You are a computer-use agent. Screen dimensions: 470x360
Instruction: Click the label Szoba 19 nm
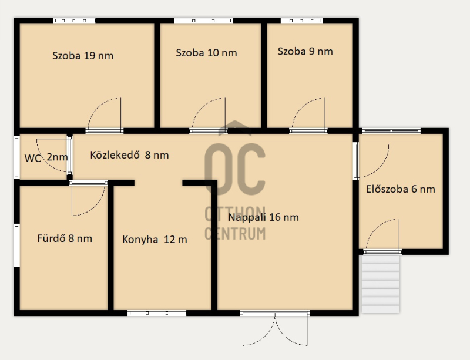pyautogui.click(x=83, y=56)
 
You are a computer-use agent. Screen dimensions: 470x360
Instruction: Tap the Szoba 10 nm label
pyautogui.click(x=206, y=53)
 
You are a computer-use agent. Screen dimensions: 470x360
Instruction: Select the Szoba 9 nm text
pyautogui.click(x=305, y=51)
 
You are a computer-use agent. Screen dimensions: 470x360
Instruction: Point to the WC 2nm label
pyautogui.click(x=46, y=157)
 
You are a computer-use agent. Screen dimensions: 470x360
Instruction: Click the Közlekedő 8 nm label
pyautogui.click(x=129, y=154)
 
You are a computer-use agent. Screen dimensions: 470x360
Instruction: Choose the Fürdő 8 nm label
pyautogui.click(x=65, y=238)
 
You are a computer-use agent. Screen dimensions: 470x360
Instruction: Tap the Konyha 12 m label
pyautogui.click(x=155, y=240)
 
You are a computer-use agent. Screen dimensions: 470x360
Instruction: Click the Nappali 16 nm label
pyautogui.click(x=263, y=217)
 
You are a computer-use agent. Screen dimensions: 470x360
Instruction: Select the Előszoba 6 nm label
pyautogui.click(x=401, y=189)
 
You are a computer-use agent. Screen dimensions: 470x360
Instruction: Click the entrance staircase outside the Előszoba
pyautogui.click(x=381, y=284)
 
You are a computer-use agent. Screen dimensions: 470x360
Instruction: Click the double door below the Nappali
pyautogui.click(x=275, y=329)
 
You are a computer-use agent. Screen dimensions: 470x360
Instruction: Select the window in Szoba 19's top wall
pyautogui.click(x=74, y=21)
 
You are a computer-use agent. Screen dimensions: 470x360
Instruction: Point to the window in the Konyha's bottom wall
pyautogui.click(x=157, y=313)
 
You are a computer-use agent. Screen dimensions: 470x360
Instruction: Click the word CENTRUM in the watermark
pyautogui.click(x=235, y=234)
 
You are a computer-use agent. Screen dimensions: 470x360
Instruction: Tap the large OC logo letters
pyautogui.click(x=235, y=169)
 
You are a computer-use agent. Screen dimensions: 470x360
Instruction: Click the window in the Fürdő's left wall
pyautogui.click(x=17, y=244)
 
